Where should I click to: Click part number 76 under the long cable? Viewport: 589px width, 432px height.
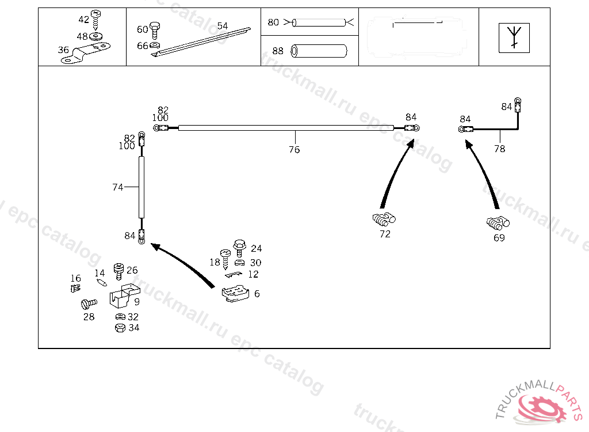tap(294, 150)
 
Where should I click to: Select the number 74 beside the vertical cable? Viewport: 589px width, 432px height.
tap(117, 187)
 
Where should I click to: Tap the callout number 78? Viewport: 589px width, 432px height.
tap(499, 149)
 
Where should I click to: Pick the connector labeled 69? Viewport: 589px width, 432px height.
tap(498, 222)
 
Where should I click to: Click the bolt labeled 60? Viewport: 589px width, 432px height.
tap(154, 28)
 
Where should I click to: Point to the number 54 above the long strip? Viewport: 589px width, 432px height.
tap(223, 26)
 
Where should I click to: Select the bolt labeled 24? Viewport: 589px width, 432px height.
tap(239, 247)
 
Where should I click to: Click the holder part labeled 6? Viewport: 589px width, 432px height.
tap(235, 294)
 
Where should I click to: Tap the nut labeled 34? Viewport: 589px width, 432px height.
tap(120, 328)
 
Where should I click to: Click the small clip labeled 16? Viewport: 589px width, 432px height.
tap(75, 286)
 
